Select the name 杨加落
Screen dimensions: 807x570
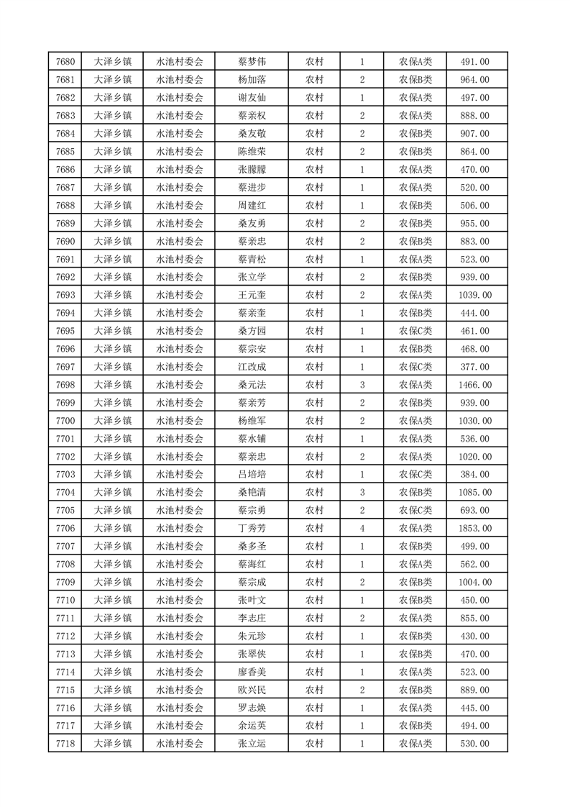pyautogui.click(x=252, y=80)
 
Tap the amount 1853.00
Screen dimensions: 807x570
pyautogui.click(x=474, y=529)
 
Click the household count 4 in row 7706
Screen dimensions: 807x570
pyautogui.click(x=362, y=529)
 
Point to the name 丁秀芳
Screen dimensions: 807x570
pyautogui.click(x=252, y=529)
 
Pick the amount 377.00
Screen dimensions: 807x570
pyautogui.click(x=474, y=367)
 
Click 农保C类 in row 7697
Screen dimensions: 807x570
pyautogui.click(x=415, y=367)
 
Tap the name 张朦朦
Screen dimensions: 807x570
pyautogui.click(x=252, y=170)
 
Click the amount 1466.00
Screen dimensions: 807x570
pyautogui.click(x=474, y=385)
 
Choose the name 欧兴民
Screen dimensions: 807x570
pyautogui.click(x=252, y=690)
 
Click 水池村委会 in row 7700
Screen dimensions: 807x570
pyautogui.click(x=180, y=421)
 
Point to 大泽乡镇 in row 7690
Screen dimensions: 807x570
pyautogui.click(x=113, y=242)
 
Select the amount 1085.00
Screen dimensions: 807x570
pyautogui.click(x=474, y=493)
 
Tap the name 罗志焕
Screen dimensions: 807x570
pyautogui.click(x=252, y=708)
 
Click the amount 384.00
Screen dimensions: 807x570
pyautogui.click(x=474, y=475)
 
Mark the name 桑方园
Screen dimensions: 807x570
pyautogui.click(x=252, y=331)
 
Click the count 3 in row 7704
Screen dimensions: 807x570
pyautogui.click(x=362, y=493)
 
